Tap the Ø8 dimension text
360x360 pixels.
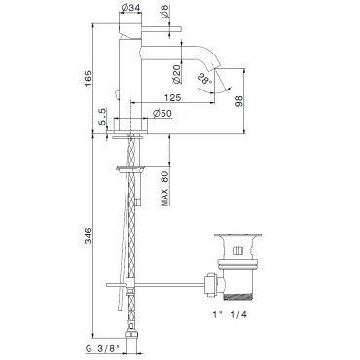[164, 13]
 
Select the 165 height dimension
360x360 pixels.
[88, 78]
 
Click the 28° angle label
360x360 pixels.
[204, 79]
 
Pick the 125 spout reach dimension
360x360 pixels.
[172, 97]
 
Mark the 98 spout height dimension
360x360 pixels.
[239, 101]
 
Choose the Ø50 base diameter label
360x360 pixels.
[162, 113]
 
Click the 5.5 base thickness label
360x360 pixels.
[102, 117]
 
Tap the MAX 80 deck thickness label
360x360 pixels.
[164, 189]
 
